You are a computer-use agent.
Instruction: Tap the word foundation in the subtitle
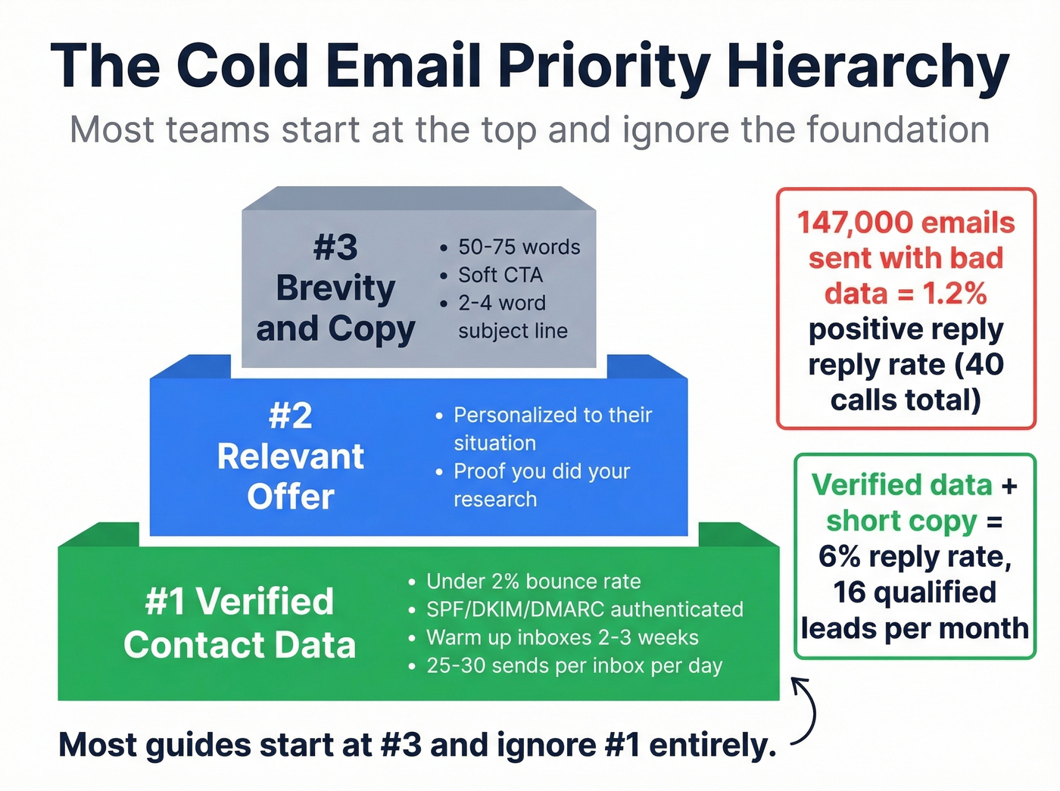point(898,130)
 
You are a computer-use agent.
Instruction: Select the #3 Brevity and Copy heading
point(335,288)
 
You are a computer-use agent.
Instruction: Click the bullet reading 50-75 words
point(519,248)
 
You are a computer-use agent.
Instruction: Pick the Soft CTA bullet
point(500,276)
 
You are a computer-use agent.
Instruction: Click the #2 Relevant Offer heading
point(291,456)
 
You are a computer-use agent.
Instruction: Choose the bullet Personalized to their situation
point(551,428)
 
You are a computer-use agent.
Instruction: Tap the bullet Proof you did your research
point(541,484)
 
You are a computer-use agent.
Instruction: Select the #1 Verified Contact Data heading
point(239,623)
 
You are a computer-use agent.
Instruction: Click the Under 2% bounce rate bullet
point(533,581)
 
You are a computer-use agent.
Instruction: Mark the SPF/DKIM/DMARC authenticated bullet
point(585,609)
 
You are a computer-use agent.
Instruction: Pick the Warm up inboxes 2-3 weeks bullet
point(562,637)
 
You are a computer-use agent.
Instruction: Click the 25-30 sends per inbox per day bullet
point(574,666)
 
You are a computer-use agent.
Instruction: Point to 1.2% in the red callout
point(955,294)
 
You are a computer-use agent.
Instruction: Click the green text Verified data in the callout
point(901,485)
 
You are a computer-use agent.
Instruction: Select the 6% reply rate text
point(915,557)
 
